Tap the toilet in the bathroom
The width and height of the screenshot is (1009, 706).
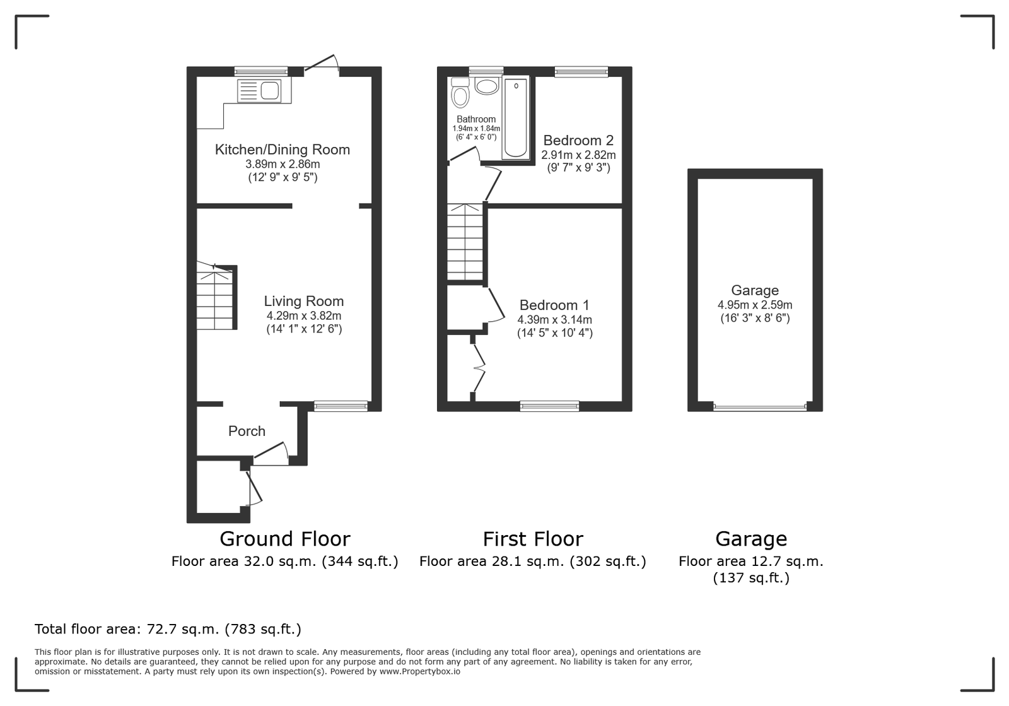[x=460, y=92]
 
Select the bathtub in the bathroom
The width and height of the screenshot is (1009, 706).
[x=516, y=118]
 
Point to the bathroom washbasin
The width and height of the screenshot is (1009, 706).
[x=486, y=86]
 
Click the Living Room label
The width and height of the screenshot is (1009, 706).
[x=303, y=301]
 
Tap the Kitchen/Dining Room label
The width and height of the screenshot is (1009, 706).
[x=283, y=150]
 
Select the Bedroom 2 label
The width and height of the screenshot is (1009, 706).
[x=578, y=141]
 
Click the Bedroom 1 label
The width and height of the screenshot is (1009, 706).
[x=554, y=305]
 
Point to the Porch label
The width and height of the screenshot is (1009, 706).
[x=247, y=431]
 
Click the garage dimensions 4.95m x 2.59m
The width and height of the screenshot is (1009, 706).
[x=755, y=305]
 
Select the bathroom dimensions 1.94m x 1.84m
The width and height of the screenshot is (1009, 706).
[x=476, y=129]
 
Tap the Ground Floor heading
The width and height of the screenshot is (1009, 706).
[x=284, y=539]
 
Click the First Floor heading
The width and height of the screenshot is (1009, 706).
[x=533, y=539]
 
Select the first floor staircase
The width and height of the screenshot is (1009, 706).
[x=465, y=243]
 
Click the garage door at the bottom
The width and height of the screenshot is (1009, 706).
[x=760, y=408]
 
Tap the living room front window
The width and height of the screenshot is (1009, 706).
[x=341, y=406]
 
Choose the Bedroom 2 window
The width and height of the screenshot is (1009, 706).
[x=581, y=72]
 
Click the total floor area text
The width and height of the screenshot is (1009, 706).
[x=168, y=629]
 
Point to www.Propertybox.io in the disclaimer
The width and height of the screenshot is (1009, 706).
[x=420, y=672]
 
